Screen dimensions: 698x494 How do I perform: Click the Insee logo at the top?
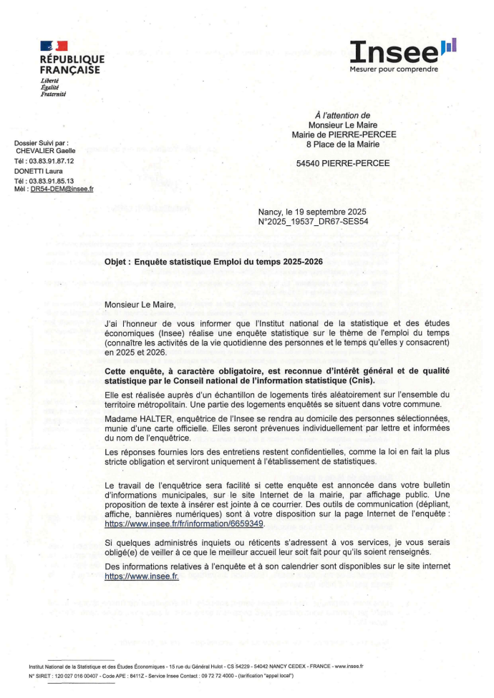click(x=403, y=51)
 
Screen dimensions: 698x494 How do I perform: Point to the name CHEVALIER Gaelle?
click(x=46, y=152)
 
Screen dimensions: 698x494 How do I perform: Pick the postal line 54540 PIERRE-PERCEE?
click(x=343, y=163)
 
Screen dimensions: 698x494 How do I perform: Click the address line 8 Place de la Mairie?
click(x=343, y=143)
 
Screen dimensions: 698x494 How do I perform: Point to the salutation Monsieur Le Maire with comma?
click(x=140, y=305)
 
